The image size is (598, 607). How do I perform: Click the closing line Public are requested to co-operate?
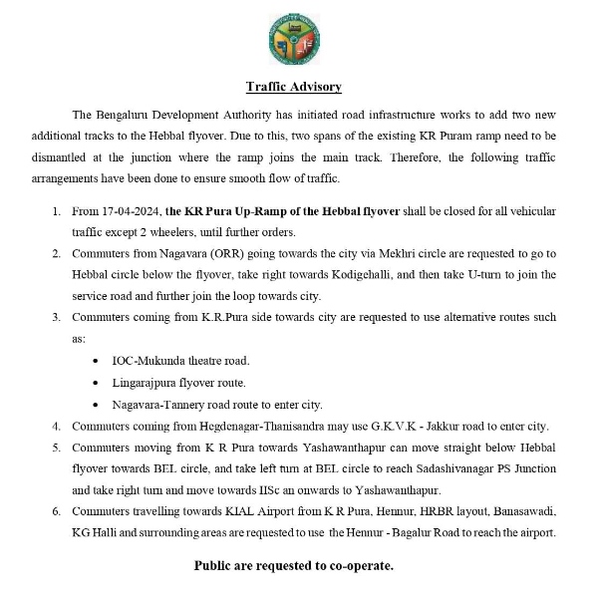click(x=293, y=565)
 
